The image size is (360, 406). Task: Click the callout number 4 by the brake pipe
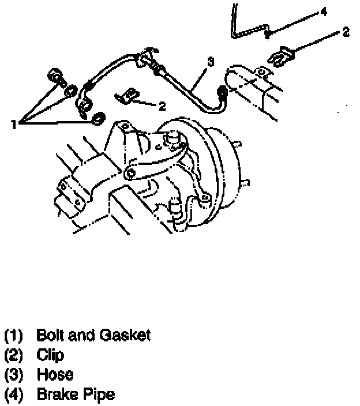click(x=324, y=10)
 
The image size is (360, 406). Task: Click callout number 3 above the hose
click(x=211, y=62)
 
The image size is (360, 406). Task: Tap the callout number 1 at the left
click(x=14, y=123)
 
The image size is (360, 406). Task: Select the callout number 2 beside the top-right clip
click(x=346, y=32)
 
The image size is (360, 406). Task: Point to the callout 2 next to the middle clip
click(x=162, y=106)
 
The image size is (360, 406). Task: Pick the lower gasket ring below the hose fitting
click(x=99, y=119)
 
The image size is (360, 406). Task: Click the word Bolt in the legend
click(x=48, y=335)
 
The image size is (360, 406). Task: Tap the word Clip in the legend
click(x=50, y=355)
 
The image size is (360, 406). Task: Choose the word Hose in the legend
click(x=55, y=375)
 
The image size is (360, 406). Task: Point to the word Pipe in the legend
click(x=99, y=396)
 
